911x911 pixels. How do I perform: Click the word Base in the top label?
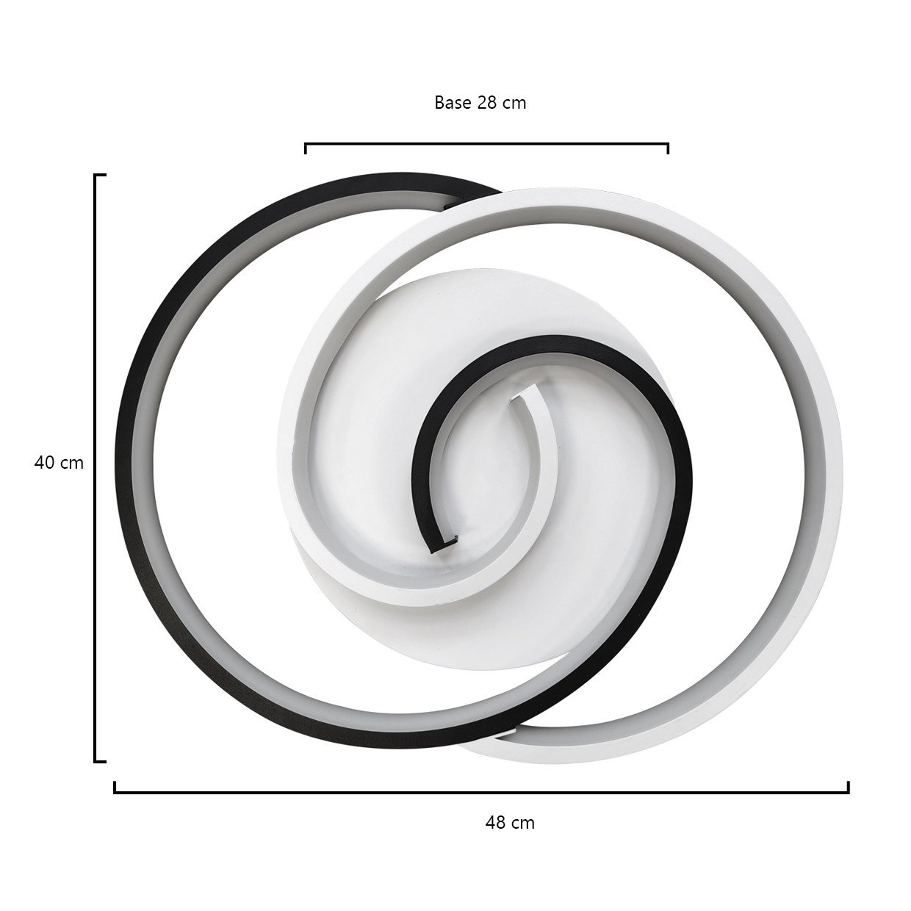(x=453, y=103)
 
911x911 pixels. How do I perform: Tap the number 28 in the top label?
(x=487, y=103)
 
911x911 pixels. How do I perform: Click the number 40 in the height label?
(x=45, y=463)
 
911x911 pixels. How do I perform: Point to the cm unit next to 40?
(x=72, y=464)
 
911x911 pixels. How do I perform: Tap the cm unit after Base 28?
(x=514, y=104)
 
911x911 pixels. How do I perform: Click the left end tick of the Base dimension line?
(x=306, y=148)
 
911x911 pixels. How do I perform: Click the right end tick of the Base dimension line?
(x=668, y=148)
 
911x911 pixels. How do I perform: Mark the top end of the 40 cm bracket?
(x=100, y=176)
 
